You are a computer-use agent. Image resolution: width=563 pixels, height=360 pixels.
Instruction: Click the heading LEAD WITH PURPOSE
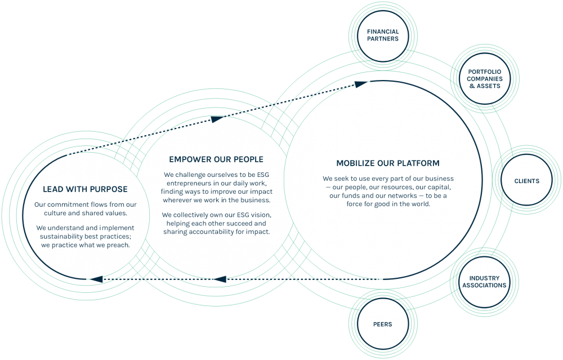click(x=85, y=189)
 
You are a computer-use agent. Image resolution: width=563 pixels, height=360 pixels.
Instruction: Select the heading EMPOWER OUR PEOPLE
click(x=216, y=159)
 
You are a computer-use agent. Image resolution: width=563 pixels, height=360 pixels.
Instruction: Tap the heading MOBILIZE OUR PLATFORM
click(x=387, y=163)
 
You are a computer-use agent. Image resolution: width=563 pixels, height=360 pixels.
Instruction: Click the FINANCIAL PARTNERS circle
click(x=382, y=35)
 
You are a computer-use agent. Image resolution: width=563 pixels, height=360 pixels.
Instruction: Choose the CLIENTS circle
click(x=526, y=181)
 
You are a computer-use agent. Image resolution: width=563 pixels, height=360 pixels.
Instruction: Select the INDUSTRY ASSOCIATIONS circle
click(x=484, y=282)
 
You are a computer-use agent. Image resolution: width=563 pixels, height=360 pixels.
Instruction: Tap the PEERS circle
click(x=382, y=325)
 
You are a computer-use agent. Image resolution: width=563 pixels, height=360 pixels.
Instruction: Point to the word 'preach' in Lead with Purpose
click(x=117, y=245)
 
